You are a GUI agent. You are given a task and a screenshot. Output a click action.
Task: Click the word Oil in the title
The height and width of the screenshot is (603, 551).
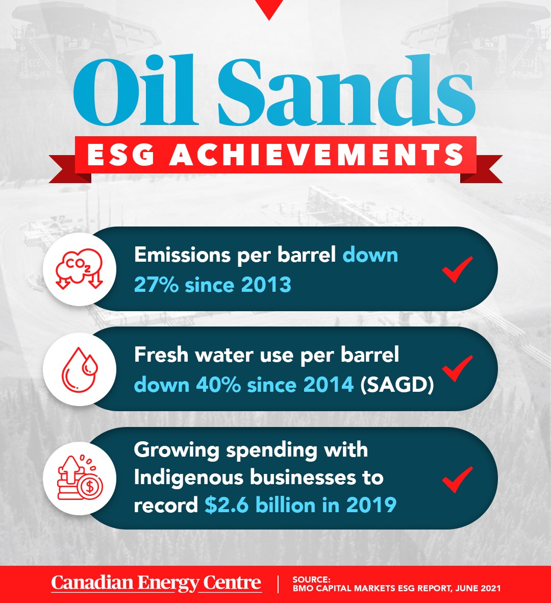136,91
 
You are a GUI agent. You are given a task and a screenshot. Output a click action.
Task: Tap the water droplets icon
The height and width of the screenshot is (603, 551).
80,369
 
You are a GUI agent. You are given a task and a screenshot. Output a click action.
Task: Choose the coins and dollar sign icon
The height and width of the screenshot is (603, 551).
80,478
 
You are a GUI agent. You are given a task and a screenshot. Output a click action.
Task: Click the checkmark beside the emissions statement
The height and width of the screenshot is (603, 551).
457,269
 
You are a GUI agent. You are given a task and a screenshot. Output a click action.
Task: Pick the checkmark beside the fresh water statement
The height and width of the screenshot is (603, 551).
457,368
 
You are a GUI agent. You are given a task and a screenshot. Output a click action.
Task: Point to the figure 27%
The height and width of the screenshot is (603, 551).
156,285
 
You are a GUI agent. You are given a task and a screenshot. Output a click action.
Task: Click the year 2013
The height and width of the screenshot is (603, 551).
266,285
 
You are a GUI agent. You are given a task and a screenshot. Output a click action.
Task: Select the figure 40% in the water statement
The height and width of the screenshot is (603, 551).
218,385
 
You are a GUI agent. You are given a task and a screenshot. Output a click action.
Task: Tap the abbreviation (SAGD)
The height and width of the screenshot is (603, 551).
397,385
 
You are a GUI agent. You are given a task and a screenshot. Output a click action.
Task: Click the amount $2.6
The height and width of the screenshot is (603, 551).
227,505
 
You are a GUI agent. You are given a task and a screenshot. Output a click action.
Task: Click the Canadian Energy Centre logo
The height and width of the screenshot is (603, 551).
157,584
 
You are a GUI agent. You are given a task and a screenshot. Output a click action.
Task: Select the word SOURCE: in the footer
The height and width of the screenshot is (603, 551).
311,580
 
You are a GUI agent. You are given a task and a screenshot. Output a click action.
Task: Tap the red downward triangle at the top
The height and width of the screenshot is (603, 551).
269,10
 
